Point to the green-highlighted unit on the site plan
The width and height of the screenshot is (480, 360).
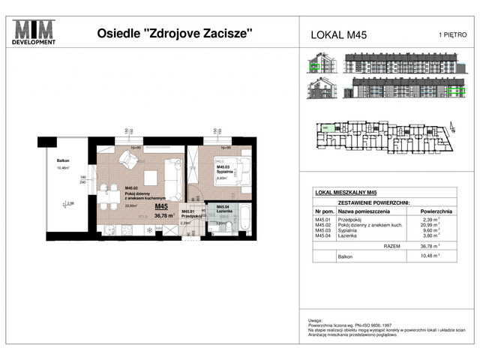tap(325, 128)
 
